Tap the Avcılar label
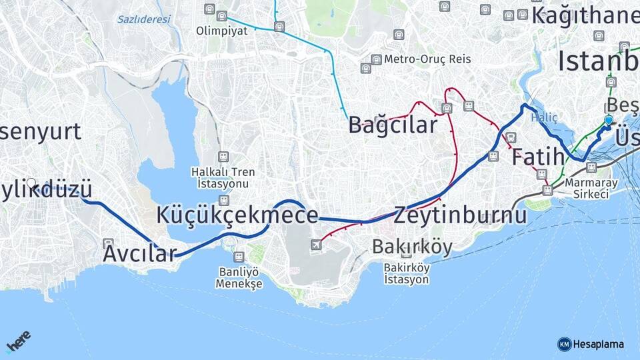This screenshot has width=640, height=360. point(139,253)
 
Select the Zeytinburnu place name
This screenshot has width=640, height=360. point(460,215)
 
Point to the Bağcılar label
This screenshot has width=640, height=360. point(393,125)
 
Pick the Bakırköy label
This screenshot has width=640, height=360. point(412,247)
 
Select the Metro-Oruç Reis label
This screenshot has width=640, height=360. point(427,59)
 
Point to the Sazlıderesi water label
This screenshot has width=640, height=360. point(143,19)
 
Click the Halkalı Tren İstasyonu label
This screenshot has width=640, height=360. point(223,177)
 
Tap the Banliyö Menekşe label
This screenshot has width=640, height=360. point(239,277)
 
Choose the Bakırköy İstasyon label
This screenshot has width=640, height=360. point(406,273)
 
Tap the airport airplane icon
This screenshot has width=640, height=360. point(316,245)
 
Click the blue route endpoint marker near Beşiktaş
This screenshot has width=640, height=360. point(608,120)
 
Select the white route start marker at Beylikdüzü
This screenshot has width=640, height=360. point(31,182)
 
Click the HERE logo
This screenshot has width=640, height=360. point(19,341)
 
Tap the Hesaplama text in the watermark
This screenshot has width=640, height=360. point(599,344)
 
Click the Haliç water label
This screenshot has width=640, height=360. point(544,117)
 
